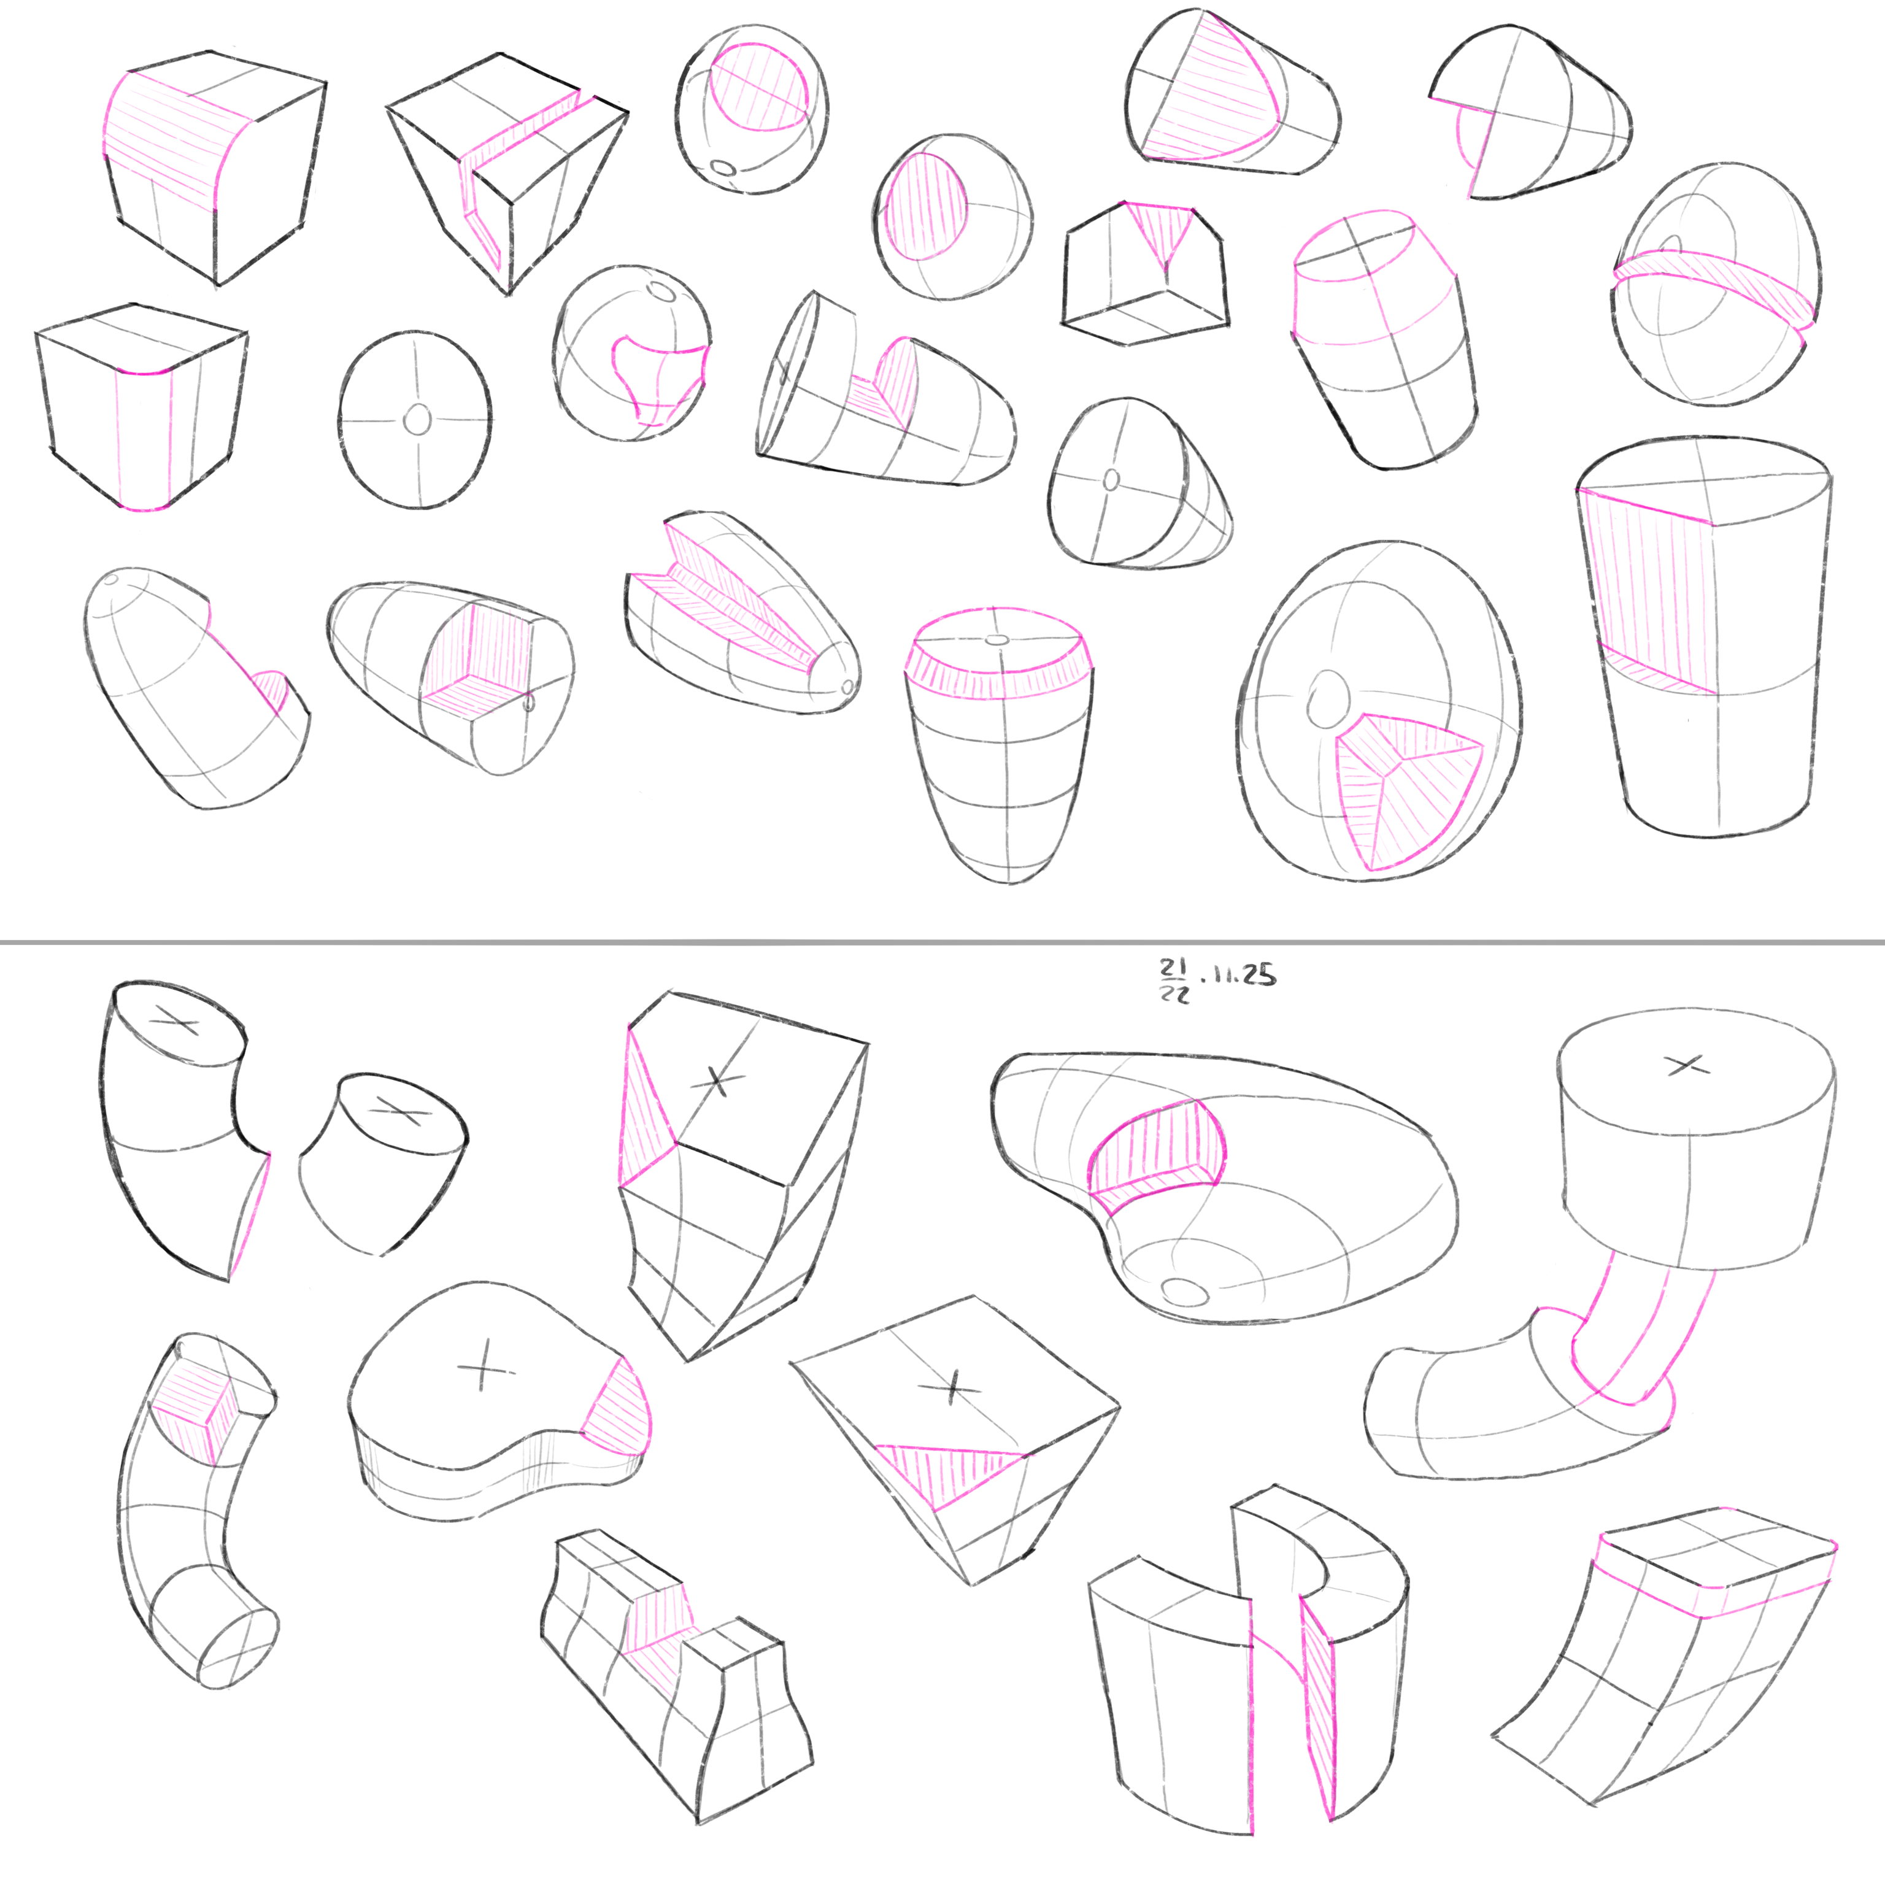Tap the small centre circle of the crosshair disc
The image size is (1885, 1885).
(x=417, y=420)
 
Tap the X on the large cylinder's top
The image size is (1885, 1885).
(x=1689, y=1065)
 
